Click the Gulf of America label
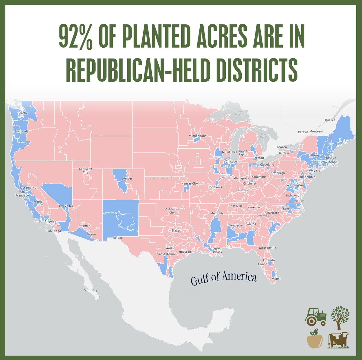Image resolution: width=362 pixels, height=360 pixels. click(224, 278)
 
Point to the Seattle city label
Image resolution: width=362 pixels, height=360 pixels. click(23, 113)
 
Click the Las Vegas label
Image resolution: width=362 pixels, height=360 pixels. click(66, 206)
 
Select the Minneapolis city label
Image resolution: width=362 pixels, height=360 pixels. click(198, 136)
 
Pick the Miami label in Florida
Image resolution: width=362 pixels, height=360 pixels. click(276, 279)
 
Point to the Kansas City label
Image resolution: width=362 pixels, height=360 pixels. click(189, 183)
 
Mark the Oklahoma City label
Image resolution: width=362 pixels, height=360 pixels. click(172, 211)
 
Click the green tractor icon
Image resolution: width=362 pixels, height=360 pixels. click(316, 316)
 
